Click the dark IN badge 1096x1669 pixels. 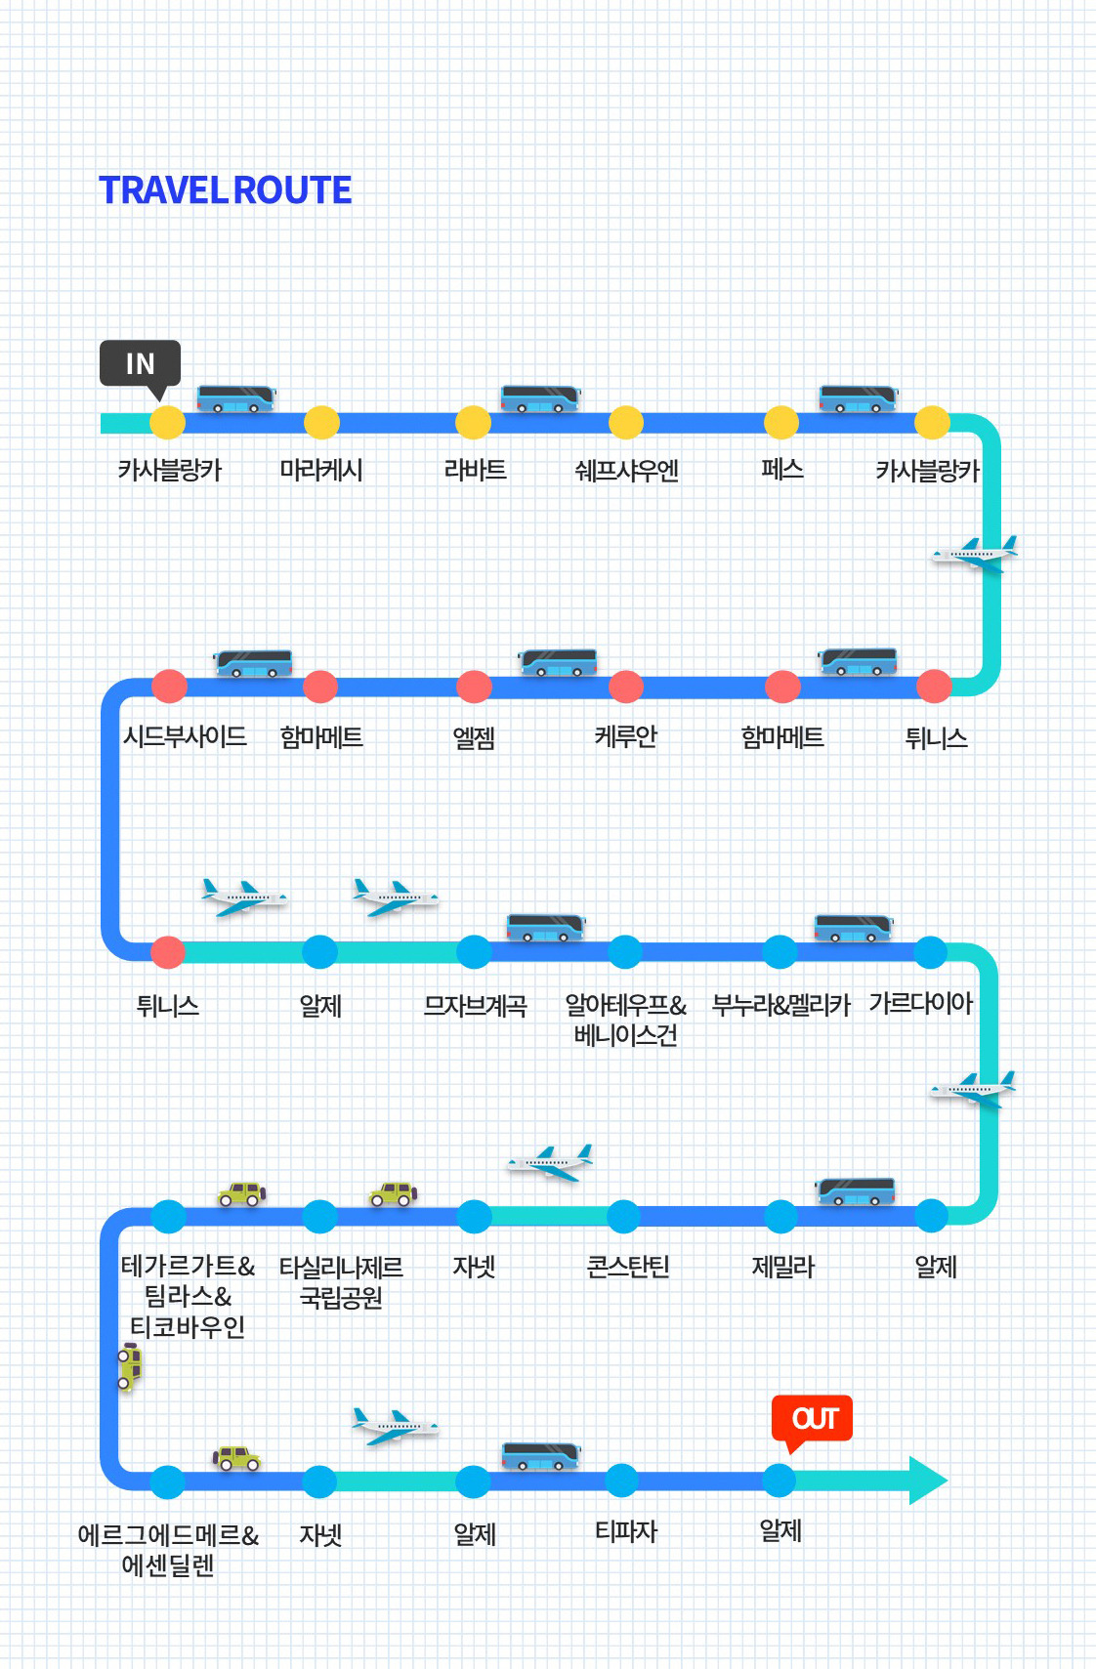pyautogui.click(x=140, y=364)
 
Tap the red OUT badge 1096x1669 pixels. pyautogui.click(x=812, y=1418)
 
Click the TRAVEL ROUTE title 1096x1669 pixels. pyautogui.click(x=226, y=190)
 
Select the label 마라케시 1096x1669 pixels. pyautogui.click(x=321, y=471)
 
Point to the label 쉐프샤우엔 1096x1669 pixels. pyautogui.click(x=626, y=471)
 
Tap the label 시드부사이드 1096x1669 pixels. pyautogui.click(x=185, y=736)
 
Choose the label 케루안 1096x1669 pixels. pyautogui.click(x=625, y=736)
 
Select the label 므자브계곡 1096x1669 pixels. pyautogui.click(x=475, y=1005)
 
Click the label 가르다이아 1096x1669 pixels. pyautogui.click(x=920, y=1003)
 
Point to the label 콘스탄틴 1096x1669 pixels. pyautogui.click(x=627, y=1267)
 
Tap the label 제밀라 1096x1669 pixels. pyautogui.click(x=782, y=1267)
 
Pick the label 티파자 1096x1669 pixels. pyautogui.click(x=626, y=1531)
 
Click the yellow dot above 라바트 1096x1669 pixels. pyautogui.click(x=473, y=423)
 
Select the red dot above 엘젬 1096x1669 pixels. pyautogui.click(x=474, y=687)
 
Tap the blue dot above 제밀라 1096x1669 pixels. pyautogui.click(x=780, y=1216)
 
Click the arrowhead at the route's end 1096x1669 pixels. pyautogui.click(x=927, y=1481)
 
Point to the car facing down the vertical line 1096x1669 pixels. pyautogui.click(x=130, y=1366)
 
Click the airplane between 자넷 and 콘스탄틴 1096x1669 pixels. pyautogui.click(x=550, y=1161)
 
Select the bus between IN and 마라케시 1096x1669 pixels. pyautogui.click(x=235, y=398)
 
